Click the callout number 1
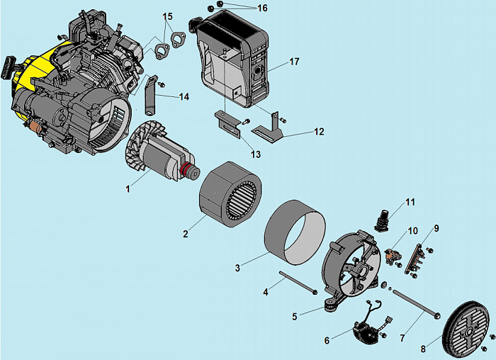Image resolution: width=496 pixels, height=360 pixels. (128, 189)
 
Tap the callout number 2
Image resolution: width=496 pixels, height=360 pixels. (185, 233)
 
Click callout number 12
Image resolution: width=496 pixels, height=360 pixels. (319, 131)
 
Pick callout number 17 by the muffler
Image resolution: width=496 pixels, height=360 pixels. (294, 62)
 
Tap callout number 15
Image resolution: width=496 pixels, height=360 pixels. (167, 16)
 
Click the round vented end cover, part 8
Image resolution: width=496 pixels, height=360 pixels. (466, 330)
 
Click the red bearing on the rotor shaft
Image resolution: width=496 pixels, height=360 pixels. (189, 171)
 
